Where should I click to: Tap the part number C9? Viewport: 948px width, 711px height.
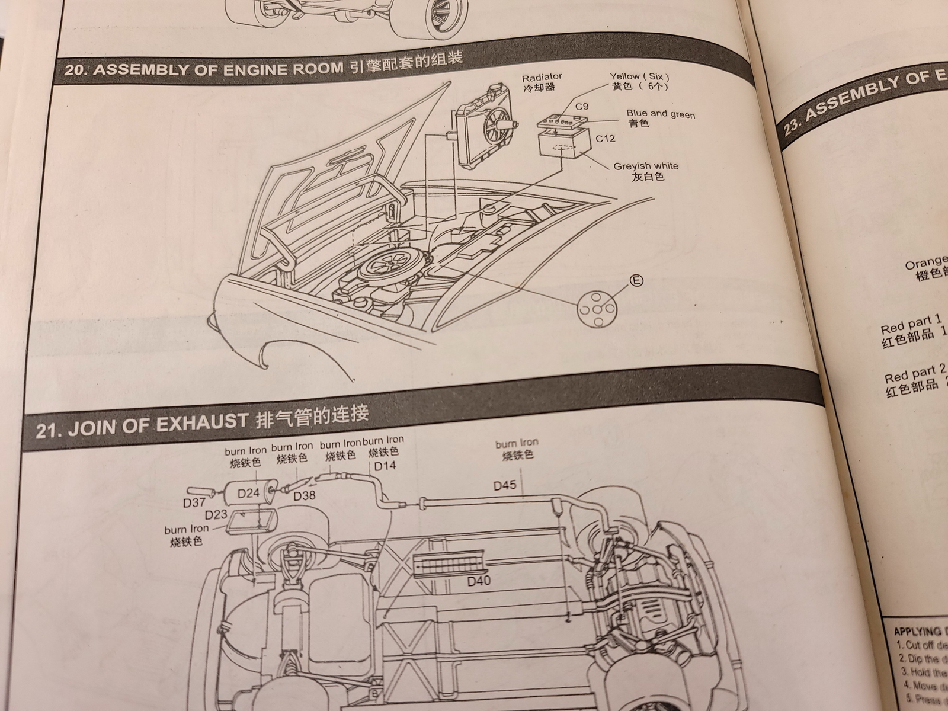[582, 107]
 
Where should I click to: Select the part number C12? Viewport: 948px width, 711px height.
[605, 139]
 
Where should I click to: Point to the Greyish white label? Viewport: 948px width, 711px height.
[646, 166]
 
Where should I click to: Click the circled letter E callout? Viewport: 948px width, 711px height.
[636, 280]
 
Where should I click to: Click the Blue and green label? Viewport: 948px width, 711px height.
[660, 114]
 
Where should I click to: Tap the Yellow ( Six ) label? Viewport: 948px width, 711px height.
[639, 76]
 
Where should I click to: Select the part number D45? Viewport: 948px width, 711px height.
[505, 486]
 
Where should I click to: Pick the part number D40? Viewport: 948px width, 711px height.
[479, 581]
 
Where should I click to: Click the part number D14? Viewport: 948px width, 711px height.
[385, 466]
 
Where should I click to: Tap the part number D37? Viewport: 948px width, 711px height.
[194, 503]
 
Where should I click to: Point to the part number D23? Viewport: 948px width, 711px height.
[216, 514]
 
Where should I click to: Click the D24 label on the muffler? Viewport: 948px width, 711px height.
[249, 493]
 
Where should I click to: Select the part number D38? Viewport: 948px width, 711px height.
[304, 495]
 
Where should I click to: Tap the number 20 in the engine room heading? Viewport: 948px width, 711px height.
[73, 70]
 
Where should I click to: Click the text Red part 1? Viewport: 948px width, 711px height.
[911, 324]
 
